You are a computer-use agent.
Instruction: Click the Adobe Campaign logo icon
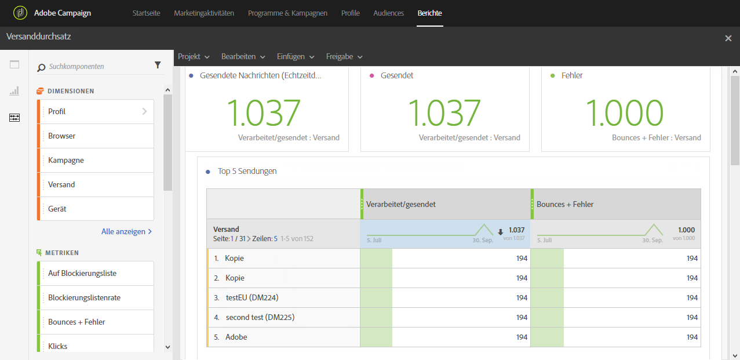coord(20,13)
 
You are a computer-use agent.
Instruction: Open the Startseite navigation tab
coord(146,13)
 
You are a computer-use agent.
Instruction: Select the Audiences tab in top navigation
coord(388,13)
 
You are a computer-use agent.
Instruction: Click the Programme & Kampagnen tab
coord(287,13)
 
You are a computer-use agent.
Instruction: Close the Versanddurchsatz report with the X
coord(728,38)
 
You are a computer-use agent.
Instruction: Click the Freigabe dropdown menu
coord(344,57)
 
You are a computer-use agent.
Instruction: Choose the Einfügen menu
coord(295,57)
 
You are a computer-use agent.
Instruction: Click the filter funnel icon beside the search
coord(158,66)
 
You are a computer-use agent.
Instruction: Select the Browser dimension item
coord(62,136)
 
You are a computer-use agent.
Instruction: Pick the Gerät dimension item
coord(57,209)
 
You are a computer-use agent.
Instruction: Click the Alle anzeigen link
coord(126,231)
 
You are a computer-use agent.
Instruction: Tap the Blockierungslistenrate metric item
coord(84,297)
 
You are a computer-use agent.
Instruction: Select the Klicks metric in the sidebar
coord(58,346)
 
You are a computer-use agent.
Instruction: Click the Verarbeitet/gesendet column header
coord(401,204)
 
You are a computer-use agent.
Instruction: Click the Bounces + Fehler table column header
coord(564,204)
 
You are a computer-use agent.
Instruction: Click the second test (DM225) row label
coord(256,317)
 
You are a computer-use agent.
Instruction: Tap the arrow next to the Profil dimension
coord(144,111)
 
